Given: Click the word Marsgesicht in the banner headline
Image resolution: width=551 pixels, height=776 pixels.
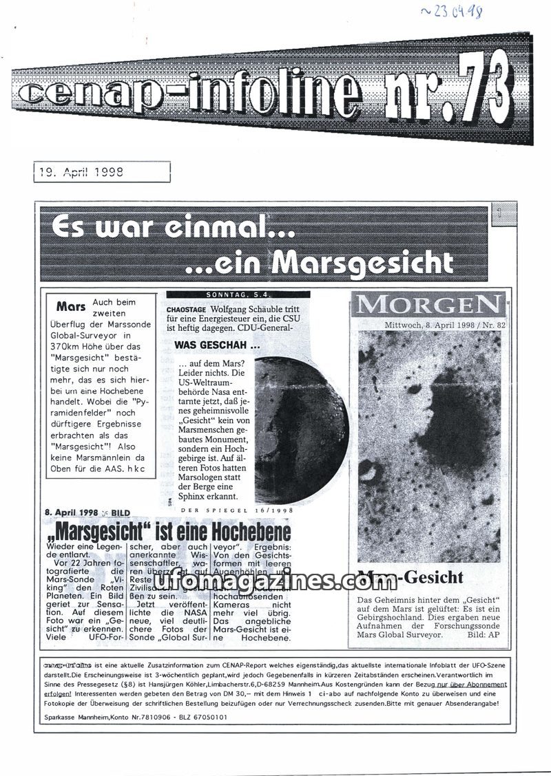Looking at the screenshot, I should tap(364, 261).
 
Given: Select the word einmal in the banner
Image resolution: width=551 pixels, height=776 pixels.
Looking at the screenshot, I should tap(228, 229).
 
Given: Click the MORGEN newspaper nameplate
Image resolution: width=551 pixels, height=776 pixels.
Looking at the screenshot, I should tap(428, 303).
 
